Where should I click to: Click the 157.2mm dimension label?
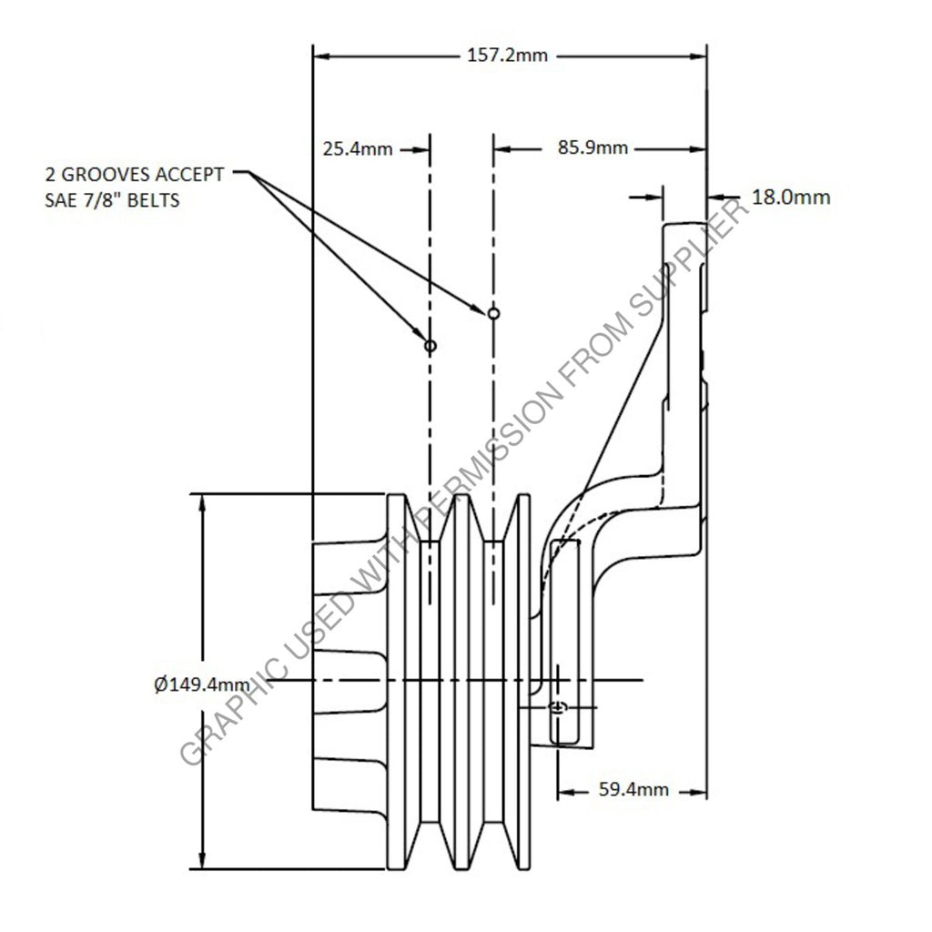pos(507,56)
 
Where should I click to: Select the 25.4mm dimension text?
pos(358,148)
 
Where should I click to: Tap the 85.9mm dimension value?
pos(593,147)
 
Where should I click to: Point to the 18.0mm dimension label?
pos(791,197)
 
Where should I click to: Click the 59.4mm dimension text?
pos(633,790)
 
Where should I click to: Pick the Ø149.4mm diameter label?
pos(202,684)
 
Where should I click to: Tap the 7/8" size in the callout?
pos(104,200)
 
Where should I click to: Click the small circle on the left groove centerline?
pos(431,345)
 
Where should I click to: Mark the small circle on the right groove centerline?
pos(493,313)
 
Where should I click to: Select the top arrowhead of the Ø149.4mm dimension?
pos(203,502)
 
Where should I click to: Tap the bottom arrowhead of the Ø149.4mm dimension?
pos(203,861)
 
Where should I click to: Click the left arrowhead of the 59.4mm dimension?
pos(566,792)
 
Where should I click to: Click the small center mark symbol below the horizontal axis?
pos(558,707)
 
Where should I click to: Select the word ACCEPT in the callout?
pos(189,175)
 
